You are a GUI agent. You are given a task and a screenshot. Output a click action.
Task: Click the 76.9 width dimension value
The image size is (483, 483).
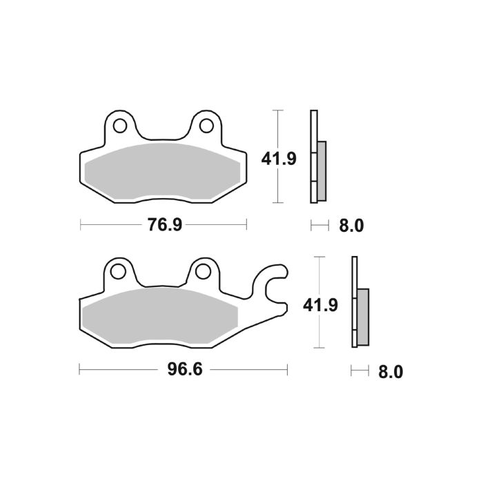pos(164,225)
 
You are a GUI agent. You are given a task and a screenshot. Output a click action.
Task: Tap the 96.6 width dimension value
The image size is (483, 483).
pos(184,370)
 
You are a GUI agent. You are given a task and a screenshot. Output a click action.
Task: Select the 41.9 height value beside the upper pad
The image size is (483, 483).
pos(279,159)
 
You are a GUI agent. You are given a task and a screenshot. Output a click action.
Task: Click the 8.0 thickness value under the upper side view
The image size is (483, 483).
pos(350,226)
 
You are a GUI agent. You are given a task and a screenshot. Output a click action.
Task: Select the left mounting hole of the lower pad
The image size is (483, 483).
pos(119,271)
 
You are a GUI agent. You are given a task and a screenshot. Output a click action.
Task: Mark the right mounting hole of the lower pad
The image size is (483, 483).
pos(204,271)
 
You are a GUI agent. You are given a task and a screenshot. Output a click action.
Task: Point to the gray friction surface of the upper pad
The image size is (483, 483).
pos(162,172)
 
